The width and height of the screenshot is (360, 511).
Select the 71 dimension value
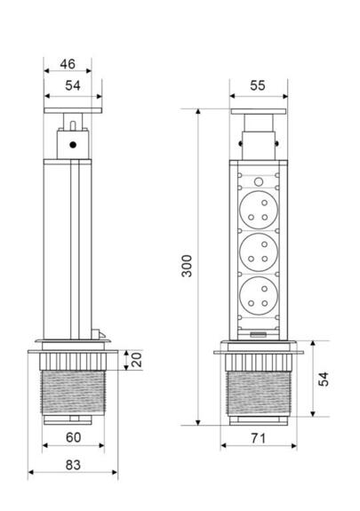point(260,437)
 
